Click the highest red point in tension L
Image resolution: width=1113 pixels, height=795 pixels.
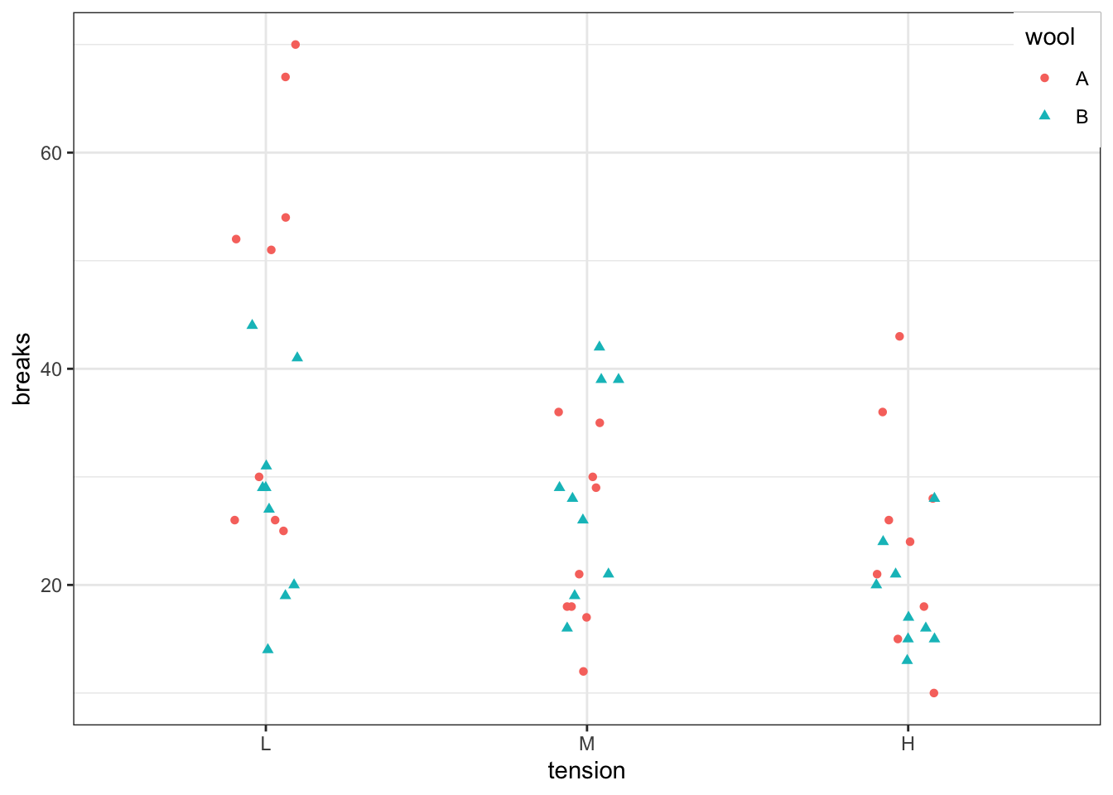click(x=295, y=45)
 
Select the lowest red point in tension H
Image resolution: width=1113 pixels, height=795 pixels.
click(x=933, y=693)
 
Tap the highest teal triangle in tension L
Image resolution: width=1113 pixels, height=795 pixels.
click(x=253, y=325)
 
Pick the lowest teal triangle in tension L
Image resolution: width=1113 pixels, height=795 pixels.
click(x=267, y=648)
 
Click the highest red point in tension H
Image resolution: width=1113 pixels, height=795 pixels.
click(x=899, y=336)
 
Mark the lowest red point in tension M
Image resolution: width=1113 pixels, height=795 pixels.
click(x=583, y=672)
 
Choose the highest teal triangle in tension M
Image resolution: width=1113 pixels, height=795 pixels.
click(x=600, y=346)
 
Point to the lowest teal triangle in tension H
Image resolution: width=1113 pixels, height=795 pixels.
click(x=907, y=659)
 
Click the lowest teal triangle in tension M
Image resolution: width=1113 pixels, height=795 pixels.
click(x=567, y=627)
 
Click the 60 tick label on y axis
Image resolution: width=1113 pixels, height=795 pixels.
click(x=51, y=152)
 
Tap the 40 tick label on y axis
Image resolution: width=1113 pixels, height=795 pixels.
click(x=51, y=369)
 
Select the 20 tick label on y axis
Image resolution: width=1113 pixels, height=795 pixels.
click(x=51, y=585)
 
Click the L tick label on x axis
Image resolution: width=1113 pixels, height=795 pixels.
click(x=265, y=744)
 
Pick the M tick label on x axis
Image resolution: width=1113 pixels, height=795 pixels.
click(x=586, y=744)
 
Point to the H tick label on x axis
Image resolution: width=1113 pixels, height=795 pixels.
click(x=908, y=744)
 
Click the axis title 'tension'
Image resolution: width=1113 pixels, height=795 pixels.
click(x=586, y=771)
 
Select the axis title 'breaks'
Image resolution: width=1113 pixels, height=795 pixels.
click(x=22, y=369)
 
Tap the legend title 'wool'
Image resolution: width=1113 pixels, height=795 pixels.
click(x=1049, y=37)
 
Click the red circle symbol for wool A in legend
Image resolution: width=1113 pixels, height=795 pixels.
click(x=1044, y=78)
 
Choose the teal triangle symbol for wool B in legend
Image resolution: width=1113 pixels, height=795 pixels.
click(x=1044, y=116)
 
